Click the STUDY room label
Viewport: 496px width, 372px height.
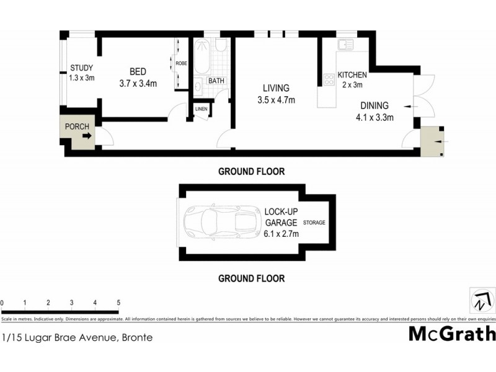[x=81, y=68]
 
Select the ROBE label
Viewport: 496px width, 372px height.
[x=181, y=63]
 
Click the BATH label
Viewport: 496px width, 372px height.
[x=216, y=81]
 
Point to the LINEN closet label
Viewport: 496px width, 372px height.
[x=201, y=109]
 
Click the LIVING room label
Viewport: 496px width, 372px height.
[x=275, y=88]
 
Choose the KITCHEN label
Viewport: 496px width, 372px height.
[x=352, y=75]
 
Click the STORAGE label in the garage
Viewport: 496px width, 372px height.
[x=314, y=223]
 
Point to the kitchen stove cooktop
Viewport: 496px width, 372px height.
[x=329, y=79]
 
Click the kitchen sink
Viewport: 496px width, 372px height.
[x=345, y=45]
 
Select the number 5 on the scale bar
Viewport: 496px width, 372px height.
[x=118, y=303]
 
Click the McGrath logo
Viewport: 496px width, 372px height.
[x=451, y=334]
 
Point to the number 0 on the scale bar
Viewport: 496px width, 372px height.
[x=2, y=303]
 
